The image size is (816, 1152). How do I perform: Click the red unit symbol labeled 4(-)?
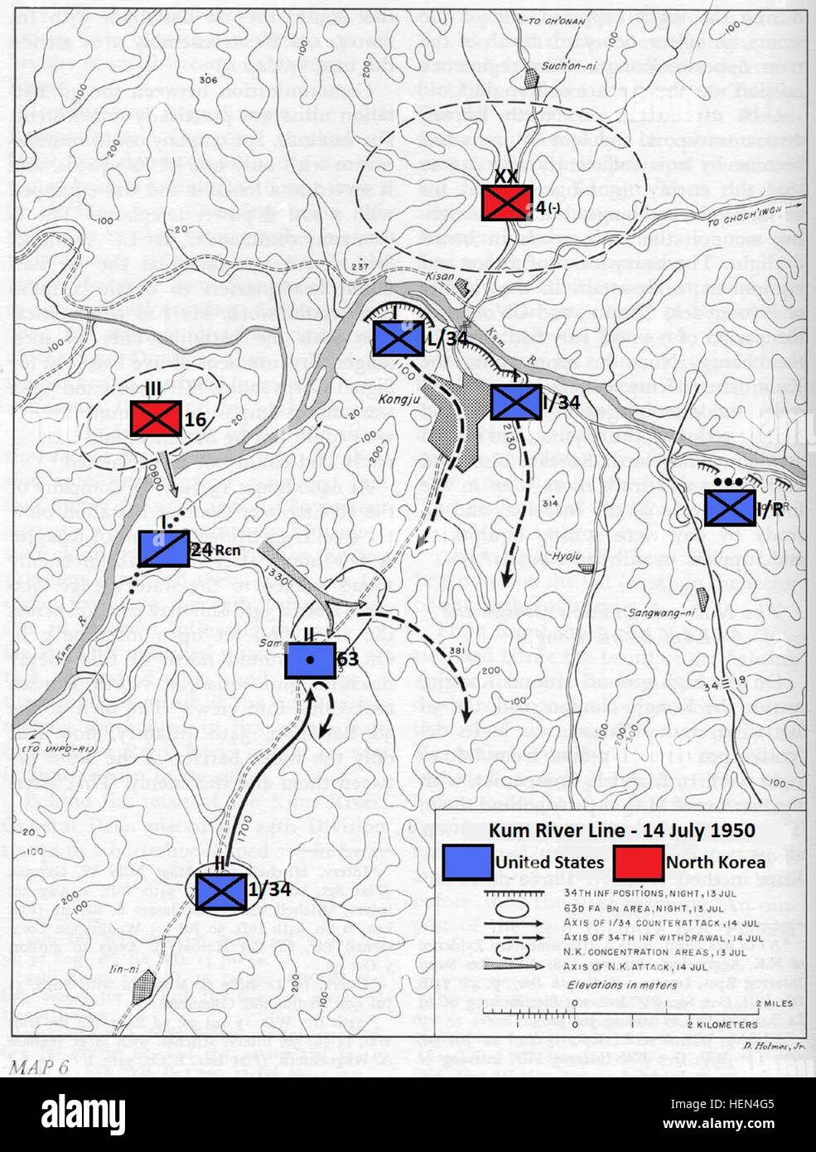[507, 202]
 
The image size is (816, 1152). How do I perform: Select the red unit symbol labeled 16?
[155, 419]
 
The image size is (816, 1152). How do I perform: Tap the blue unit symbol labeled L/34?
[398, 338]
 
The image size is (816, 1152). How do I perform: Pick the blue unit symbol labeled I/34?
[516, 402]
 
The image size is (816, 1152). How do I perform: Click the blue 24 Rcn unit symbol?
[163, 549]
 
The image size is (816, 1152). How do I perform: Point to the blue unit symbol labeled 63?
[310, 660]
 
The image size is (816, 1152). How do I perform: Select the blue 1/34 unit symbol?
[220, 891]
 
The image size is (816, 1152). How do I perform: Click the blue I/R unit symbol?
[729, 508]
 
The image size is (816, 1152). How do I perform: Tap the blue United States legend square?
[468, 862]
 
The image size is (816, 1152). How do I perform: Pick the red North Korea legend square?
[638, 862]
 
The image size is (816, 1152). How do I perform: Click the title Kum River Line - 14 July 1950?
[621, 830]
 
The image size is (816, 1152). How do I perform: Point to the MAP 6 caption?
[38, 1066]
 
